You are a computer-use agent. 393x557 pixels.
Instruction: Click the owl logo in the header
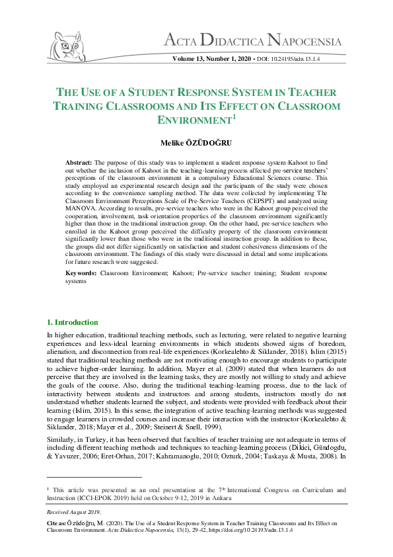click(x=65, y=44)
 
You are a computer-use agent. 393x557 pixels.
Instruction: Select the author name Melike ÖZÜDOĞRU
click(x=196, y=143)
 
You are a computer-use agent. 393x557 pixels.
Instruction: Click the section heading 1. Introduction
click(x=72, y=322)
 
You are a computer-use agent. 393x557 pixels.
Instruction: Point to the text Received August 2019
click(x=73, y=513)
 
